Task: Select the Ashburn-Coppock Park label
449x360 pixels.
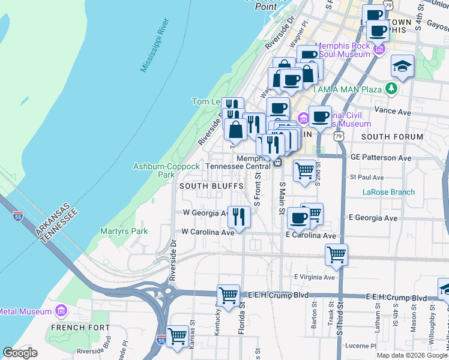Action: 166,170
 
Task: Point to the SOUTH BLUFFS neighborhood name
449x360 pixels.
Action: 211,186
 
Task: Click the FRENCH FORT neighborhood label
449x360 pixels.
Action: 80,328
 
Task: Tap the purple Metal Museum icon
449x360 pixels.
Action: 60,311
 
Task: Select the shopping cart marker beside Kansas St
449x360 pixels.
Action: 177,337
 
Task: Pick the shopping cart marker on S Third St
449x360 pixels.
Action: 337,254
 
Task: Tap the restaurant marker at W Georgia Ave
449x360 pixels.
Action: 240,217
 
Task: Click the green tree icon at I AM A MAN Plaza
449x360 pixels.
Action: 392,89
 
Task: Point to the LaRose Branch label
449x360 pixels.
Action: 388,192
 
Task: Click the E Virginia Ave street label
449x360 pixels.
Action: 314,277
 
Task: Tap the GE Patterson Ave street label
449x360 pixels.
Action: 381,158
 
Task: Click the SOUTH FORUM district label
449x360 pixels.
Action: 392,136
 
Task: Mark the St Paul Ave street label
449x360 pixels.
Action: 366,178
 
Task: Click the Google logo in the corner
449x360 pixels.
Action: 20,353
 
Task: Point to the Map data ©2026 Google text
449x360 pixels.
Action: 411,355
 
